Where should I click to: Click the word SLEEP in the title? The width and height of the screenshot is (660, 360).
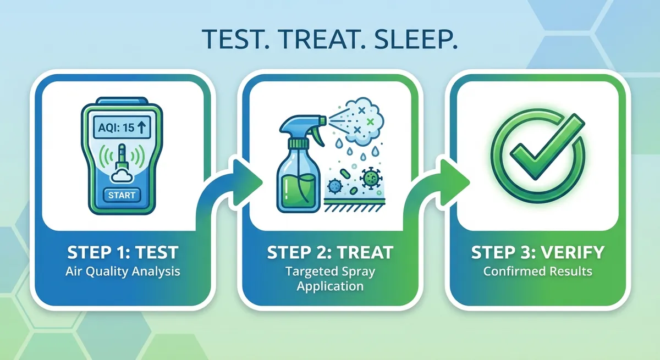click(x=416, y=39)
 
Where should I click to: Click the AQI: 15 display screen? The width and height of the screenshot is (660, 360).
click(x=122, y=127)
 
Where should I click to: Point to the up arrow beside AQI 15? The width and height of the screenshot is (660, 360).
click(x=142, y=128)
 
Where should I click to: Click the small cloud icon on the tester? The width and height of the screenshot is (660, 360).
click(x=122, y=176)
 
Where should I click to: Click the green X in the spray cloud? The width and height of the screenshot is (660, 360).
click(x=370, y=121)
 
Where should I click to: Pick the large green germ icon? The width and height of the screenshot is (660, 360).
click(x=371, y=178)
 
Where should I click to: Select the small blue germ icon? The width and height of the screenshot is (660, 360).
click(x=335, y=185)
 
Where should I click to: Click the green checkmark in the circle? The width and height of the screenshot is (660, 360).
click(x=547, y=146)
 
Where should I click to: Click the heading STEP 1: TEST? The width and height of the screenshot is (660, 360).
click(x=123, y=253)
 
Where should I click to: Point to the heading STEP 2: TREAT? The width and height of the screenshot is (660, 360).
click(x=330, y=253)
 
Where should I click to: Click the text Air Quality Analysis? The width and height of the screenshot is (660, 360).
click(x=123, y=272)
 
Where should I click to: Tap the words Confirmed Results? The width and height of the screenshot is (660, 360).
click(x=538, y=271)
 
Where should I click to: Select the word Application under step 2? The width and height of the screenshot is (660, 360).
click(x=330, y=286)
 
